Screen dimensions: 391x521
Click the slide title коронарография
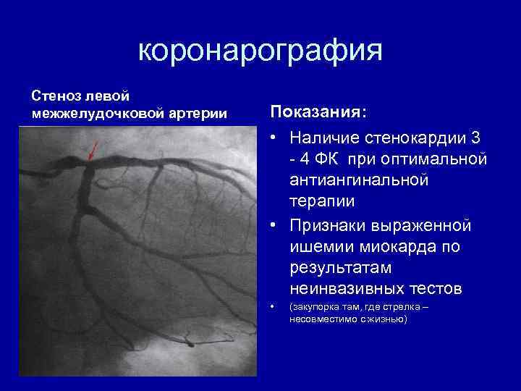point(260,51)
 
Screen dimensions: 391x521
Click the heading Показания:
point(318,113)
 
